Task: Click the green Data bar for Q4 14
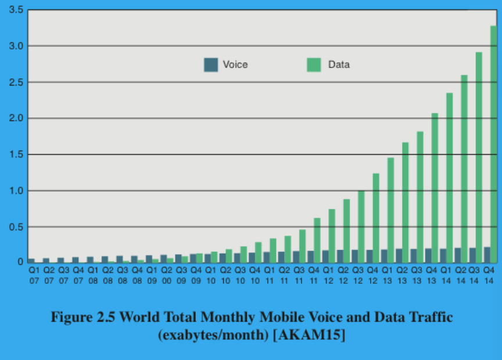[494, 145]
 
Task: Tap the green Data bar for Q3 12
[361, 227]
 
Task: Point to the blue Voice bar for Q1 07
[31, 261]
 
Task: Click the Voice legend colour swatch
[211, 65]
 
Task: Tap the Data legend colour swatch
[314, 65]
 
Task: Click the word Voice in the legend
[235, 65]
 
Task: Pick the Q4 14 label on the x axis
[489, 275]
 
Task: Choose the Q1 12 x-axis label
[328, 275]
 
